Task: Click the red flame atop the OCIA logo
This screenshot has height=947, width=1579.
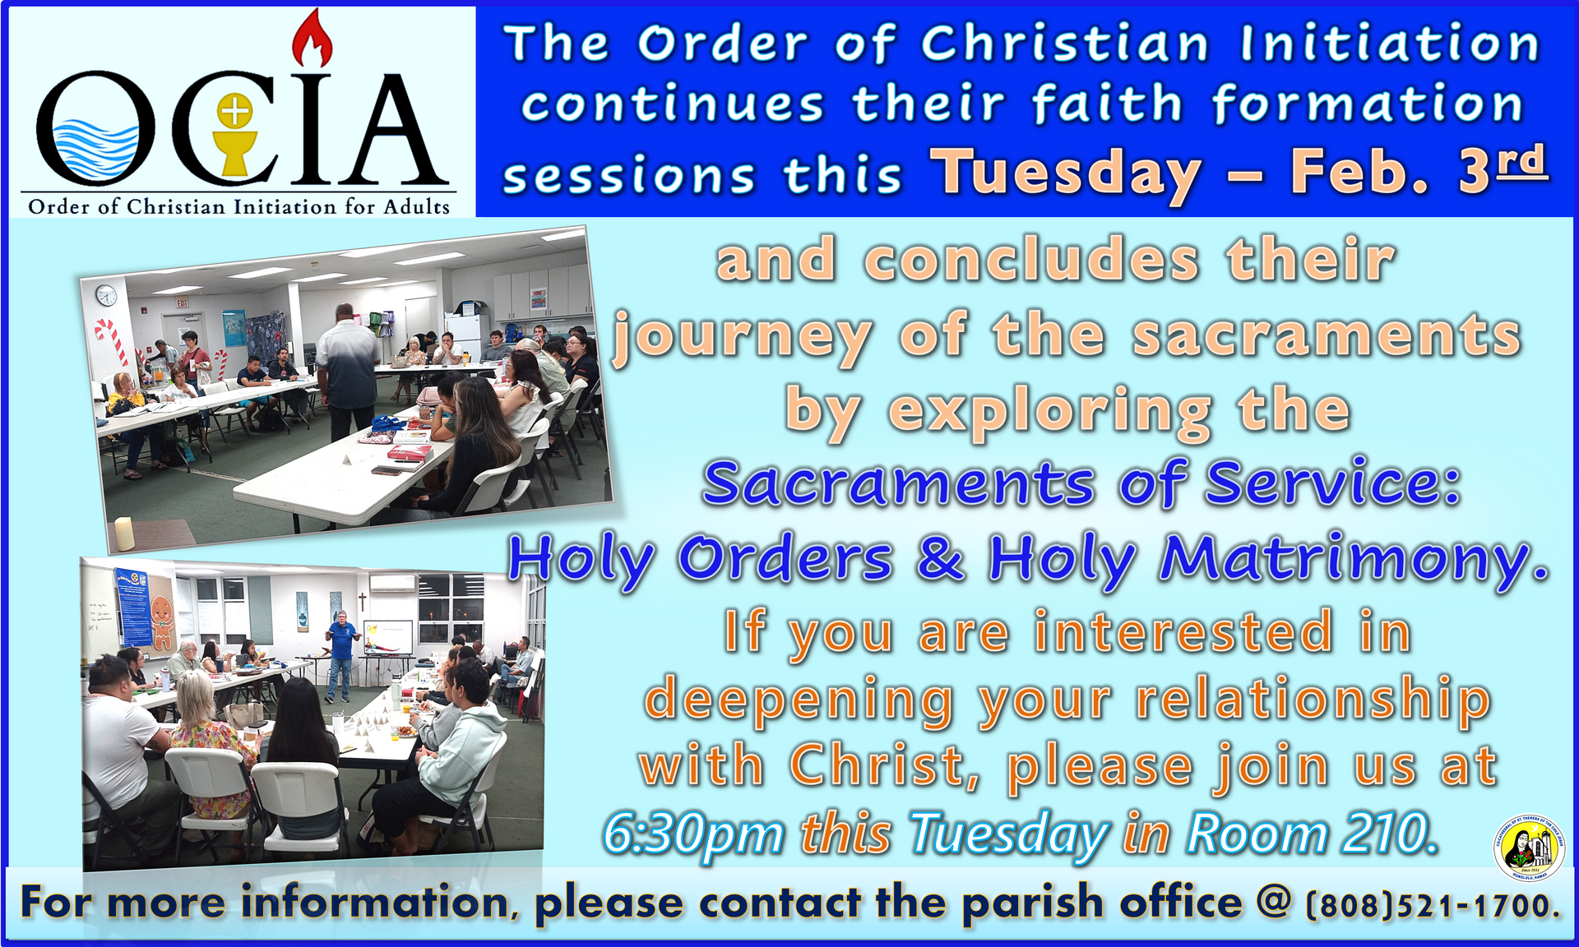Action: coord(313,39)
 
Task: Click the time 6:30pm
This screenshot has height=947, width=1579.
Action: coord(693,835)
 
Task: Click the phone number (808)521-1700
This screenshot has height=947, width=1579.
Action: coord(1432,905)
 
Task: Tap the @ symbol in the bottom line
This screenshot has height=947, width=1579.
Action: coord(1275,903)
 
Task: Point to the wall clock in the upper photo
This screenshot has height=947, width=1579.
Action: coord(106,294)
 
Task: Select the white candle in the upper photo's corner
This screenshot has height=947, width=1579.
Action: coord(124,534)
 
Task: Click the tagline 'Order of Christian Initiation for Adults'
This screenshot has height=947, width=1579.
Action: coord(239,206)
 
